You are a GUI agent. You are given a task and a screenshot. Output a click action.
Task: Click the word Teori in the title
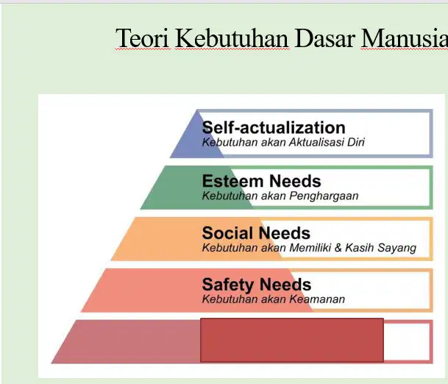[x=142, y=38]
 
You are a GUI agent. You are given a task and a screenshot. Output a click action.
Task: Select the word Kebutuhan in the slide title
[x=232, y=38]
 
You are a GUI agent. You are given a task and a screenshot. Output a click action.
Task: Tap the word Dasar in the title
[x=324, y=38]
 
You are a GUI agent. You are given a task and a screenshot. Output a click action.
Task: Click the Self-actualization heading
[x=274, y=127]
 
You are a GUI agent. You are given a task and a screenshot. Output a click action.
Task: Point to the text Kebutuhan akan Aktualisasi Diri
[x=283, y=142]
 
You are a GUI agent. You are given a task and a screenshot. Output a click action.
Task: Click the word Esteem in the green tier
[x=232, y=181]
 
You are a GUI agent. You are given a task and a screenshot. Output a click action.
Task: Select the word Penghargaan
[x=324, y=196]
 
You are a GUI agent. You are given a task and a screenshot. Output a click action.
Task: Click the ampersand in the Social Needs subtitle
[x=338, y=247]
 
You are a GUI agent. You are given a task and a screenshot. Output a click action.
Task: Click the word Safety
[x=228, y=285]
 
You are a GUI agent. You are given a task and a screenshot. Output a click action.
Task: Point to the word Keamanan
[x=317, y=299]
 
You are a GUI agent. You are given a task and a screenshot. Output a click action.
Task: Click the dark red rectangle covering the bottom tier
[x=292, y=340]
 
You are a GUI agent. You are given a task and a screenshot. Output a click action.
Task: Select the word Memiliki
[x=310, y=247]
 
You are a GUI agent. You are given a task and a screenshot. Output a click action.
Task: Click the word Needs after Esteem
[x=295, y=181]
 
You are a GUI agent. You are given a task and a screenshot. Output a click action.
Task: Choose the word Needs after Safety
[x=285, y=284]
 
